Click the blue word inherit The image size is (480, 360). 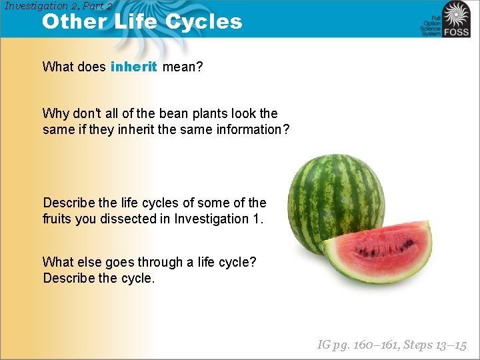click(134, 67)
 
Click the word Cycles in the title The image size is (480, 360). click(204, 21)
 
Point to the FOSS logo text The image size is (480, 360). click(457, 31)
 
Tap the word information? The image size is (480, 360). click(253, 129)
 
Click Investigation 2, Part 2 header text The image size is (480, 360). click(58, 5)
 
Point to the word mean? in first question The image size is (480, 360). click(183, 67)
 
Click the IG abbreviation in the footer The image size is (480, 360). click(324, 345)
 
